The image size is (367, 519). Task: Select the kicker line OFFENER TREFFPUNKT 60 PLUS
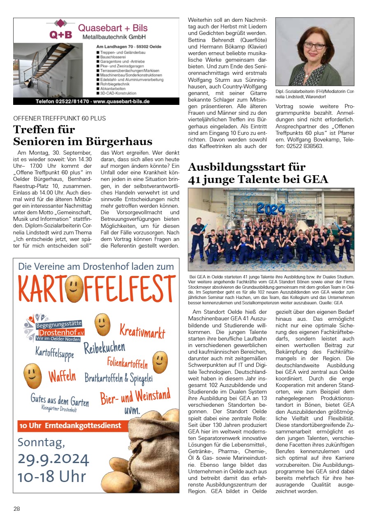pyautogui.click(x=60, y=118)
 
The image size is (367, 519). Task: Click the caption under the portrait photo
pyautogui.click(x=314, y=94)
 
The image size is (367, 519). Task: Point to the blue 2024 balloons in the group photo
pyautogui.click(x=271, y=208)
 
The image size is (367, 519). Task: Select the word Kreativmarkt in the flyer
pyautogui.click(x=142, y=330)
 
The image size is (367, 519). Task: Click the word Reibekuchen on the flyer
pyautogui.click(x=105, y=349)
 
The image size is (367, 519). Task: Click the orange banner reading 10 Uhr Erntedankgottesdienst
pyautogui.click(x=70, y=426)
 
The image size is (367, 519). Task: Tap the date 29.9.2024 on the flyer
pyautogui.click(x=53, y=459)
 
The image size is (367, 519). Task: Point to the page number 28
pyautogui.click(x=16, y=509)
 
